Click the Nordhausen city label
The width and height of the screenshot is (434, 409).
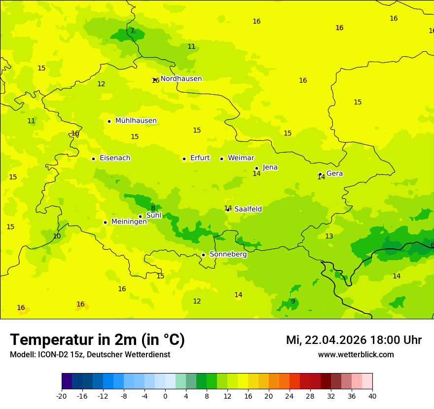181,79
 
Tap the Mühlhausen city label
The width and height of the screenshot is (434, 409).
136,121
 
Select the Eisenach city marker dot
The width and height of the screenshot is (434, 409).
93,159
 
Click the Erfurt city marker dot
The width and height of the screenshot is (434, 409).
184,159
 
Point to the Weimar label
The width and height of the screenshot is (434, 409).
241,158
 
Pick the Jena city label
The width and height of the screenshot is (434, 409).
270,168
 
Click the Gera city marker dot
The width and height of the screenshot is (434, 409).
320,174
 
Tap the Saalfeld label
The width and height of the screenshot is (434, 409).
248,209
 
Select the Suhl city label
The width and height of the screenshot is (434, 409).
154,215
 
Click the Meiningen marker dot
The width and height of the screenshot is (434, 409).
105,222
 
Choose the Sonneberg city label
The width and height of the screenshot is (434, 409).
228,254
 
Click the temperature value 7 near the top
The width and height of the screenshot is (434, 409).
132,31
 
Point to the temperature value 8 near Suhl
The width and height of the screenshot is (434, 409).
153,208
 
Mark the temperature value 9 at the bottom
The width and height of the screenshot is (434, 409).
293,301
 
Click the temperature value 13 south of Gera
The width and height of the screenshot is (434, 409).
329,237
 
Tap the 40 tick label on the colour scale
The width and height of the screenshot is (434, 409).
372,396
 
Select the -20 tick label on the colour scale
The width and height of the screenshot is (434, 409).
62,396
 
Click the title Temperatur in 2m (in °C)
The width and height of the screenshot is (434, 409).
97,340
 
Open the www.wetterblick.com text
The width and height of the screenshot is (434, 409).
356,355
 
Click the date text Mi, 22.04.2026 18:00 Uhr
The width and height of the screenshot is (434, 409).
354,340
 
